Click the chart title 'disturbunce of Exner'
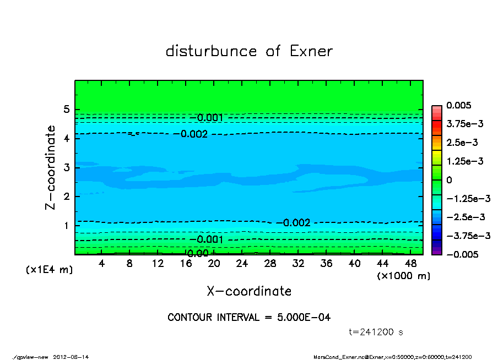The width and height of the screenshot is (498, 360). click(249, 51)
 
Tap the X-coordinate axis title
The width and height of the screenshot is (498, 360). click(249, 291)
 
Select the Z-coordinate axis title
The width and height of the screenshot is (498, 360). click(51, 167)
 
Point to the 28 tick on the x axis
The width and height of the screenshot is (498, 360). click(270, 264)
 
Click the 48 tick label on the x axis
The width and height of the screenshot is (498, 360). click(411, 264)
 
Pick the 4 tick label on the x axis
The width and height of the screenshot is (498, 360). click(102, 264)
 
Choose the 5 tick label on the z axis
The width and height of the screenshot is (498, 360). click(66, 110)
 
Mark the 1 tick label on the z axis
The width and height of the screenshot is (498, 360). click(66, 226)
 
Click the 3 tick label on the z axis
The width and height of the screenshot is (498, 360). click(66, 167)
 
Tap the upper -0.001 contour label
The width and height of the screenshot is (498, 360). click(209, 118)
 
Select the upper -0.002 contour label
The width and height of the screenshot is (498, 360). click(194, 134)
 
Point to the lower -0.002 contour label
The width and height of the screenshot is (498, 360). click(296, 223)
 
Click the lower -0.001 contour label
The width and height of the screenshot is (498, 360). click(209, 239)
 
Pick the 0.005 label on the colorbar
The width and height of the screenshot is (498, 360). click(458, 105)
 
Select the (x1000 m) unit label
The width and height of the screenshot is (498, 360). click(403, 276)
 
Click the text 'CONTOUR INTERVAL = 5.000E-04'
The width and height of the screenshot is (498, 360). click(249, 318)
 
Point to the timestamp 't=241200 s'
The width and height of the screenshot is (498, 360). click(376, 332)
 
